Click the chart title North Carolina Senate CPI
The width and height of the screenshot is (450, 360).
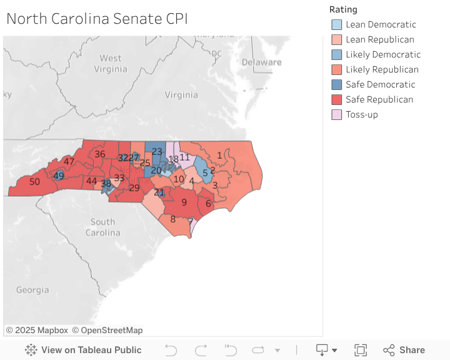(97, 19)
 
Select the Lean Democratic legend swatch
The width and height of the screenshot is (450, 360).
(337, 24)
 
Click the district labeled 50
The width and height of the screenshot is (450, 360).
(35, 182)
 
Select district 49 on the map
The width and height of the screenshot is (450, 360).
(59, 176)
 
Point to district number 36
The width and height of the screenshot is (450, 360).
(99, 154)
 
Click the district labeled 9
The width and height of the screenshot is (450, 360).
(184, 202)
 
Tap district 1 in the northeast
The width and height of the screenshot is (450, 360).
(219, 155)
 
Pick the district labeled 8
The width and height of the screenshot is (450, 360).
(173, 219)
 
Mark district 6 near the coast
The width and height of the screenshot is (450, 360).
(208, 203)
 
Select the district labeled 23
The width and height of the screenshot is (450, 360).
(157, 152)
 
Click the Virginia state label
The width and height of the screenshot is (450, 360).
(181, 95)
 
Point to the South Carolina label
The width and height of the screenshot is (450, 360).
(102, 227)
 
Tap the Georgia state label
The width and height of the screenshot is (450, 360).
(32, 290)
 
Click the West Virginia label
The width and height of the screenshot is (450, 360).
(111, 63)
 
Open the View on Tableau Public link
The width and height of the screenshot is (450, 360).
(83, 350)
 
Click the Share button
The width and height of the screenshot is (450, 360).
(404, 350)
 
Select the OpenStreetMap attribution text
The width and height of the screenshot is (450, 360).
(107, 330)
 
